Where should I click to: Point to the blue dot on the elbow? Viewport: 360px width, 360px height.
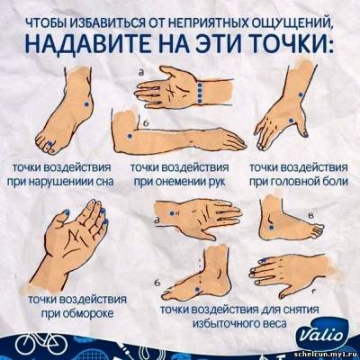[x=130, y=136]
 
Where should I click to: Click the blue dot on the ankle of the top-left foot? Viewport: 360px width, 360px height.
[x=86, y=103]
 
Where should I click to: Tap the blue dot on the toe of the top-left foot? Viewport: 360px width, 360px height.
[x=50, y=143]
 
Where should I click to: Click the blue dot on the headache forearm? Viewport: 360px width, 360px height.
[x=301, y=94]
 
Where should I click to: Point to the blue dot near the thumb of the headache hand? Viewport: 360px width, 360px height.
[x=291, y=121]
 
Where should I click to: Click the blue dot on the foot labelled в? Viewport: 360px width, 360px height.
[x=272, y=228]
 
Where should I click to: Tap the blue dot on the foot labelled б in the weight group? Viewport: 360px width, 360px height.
[x=197, y=289]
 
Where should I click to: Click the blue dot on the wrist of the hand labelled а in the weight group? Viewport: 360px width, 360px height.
[x=172, y=213]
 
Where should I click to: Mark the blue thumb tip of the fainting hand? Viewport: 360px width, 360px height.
[x=66, y=213]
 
